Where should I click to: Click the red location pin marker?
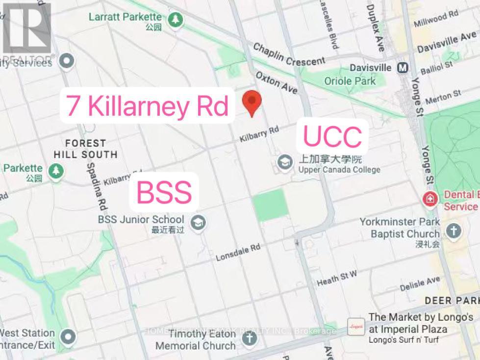pos(252,102)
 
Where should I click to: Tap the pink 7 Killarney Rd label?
pos(148,106)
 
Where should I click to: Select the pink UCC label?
pos(332,136)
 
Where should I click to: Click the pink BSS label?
pos(164,192)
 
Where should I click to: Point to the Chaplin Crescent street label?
pos(289,54)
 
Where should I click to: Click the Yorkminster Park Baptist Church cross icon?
pos(454,230)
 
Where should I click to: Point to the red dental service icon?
pos(430,199)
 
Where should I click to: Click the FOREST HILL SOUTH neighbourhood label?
pos(86,149)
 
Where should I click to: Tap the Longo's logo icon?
pos(354,325)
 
